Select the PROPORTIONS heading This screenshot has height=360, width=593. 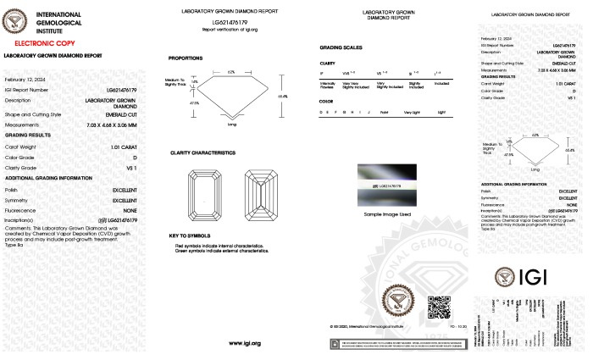(x=186, y=58)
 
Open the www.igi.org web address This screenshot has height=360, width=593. (x=244, y=342)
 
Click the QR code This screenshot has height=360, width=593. (x=437, y=307)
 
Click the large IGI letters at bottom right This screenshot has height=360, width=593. (x=535, y=278)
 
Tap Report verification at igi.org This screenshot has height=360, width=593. (x=230, y=28)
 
